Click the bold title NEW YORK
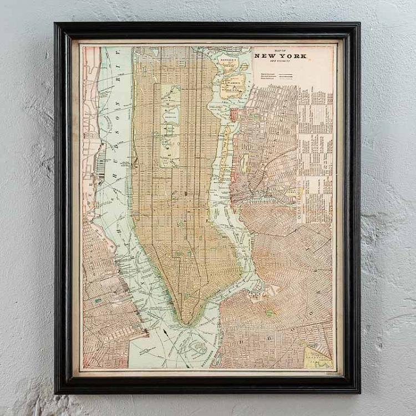tap(280, 55)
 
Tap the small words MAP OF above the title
tap(280, 49)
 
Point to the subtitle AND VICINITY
tap(280, 62)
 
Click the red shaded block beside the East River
tap(234, 115)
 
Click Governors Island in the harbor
tap(197, 347)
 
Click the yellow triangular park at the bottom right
tap(316, 357)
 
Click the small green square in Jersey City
tap(98, 300)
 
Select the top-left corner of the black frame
tap(55, 24)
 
